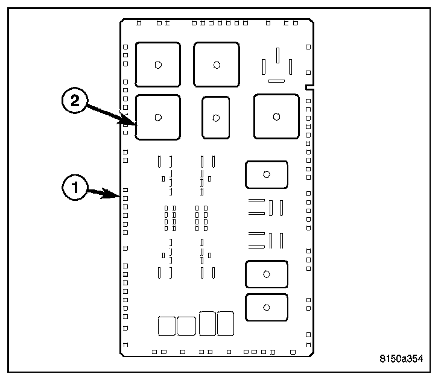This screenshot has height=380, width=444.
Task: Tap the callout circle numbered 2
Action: (x=75, y=101)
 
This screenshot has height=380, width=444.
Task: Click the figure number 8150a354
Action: (x=401, y=358)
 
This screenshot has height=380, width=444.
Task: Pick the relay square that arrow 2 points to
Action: (x=157, y=117)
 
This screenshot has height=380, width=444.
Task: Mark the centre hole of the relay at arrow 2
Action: (x=157, y=117)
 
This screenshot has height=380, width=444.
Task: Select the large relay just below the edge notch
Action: (x=276, y=116)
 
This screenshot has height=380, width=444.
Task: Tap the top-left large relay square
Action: (x=157, y=64)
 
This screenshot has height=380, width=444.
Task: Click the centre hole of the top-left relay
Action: (x=157, y=64)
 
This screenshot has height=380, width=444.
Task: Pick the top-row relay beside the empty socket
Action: (x=216, y=64)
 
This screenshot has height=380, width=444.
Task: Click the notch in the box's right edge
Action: (x=309, y=87)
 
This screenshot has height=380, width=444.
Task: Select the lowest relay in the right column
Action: (x=266, y=308)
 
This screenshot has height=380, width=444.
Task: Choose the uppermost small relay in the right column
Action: (x=266, y=175)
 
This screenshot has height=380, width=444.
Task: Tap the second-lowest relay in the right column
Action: (x=266, y=274)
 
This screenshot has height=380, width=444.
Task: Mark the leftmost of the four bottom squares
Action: (x=166, y=326)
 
